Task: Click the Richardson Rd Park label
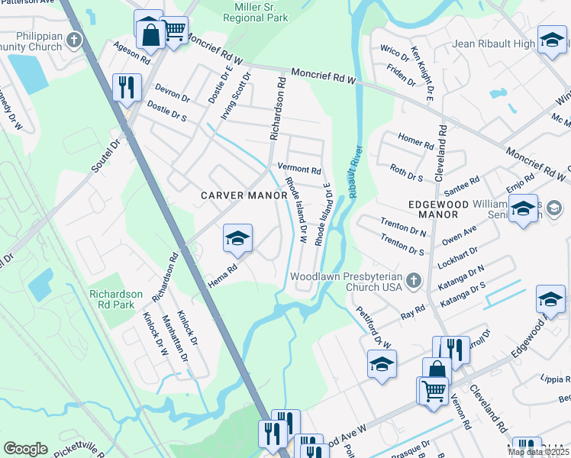click(x=116, y=299)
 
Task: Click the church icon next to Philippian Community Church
click(x=74, y=40)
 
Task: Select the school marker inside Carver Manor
click(x=237, y=239)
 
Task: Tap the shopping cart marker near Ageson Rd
click(x=175, y=31)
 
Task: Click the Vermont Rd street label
click(x=299, y=169)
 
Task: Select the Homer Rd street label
click(x=416, y=142)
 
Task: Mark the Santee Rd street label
click(x=462, y=184)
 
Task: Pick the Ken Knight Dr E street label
click(x=422, y=73)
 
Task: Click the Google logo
click(x=25, y=449)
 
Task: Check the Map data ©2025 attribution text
click(x=538, y=452)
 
